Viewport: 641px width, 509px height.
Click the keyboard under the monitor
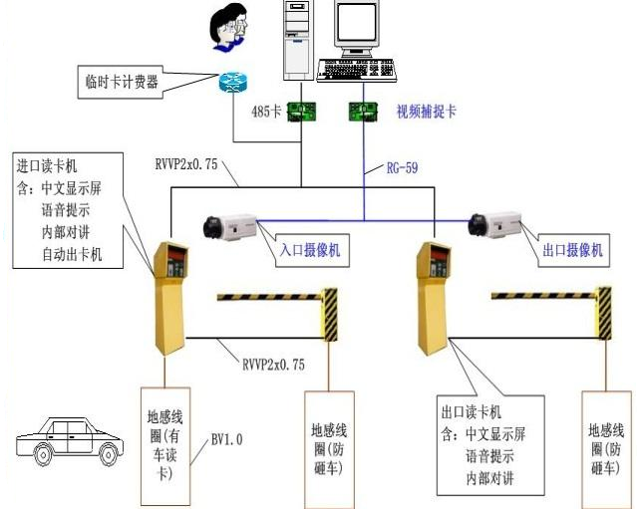click(356, 70)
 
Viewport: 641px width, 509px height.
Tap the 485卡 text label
click(264, 111)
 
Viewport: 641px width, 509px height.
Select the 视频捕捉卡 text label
click(427, 111)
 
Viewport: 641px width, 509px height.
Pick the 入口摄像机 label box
click(309, 250)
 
